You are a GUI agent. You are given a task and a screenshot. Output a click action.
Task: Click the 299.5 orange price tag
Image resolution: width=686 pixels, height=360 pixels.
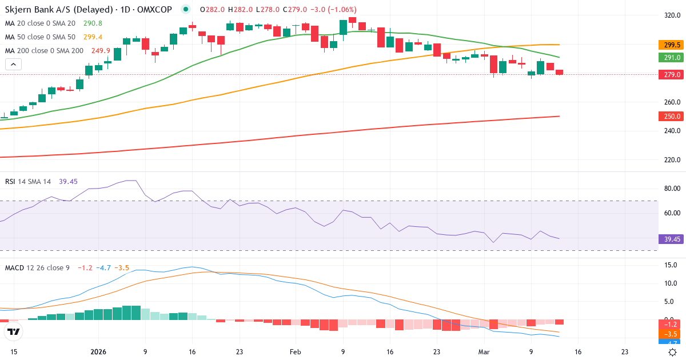tap(672, 45)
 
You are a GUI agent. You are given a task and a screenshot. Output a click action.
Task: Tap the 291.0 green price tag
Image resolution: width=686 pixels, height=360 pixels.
tap(672, 57)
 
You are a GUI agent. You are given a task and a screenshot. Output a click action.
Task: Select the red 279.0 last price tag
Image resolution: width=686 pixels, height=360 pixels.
tap(672, 74)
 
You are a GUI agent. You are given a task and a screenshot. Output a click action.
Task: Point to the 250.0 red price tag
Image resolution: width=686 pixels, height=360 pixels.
tap(672, 116)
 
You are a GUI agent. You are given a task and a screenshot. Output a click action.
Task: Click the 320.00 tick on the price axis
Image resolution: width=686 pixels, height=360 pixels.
tap(672, 15)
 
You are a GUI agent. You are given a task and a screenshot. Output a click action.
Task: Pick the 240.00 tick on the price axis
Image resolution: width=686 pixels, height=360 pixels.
tap(672, 131)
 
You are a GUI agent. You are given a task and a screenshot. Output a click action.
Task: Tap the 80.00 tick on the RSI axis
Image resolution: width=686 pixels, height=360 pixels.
tap(672, 188)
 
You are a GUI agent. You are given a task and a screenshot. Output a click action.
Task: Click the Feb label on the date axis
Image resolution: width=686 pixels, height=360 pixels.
tap(295, 352)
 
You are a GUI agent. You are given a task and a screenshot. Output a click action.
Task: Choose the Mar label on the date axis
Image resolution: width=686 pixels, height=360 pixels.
tap(484, 352)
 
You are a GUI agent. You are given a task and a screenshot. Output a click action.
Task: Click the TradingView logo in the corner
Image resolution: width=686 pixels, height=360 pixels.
tap(13, 331)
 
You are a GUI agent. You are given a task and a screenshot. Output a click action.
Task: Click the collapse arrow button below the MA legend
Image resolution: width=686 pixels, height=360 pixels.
tap(13, 65)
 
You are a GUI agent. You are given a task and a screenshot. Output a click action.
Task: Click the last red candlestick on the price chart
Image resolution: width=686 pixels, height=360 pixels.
tap(559, 72)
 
